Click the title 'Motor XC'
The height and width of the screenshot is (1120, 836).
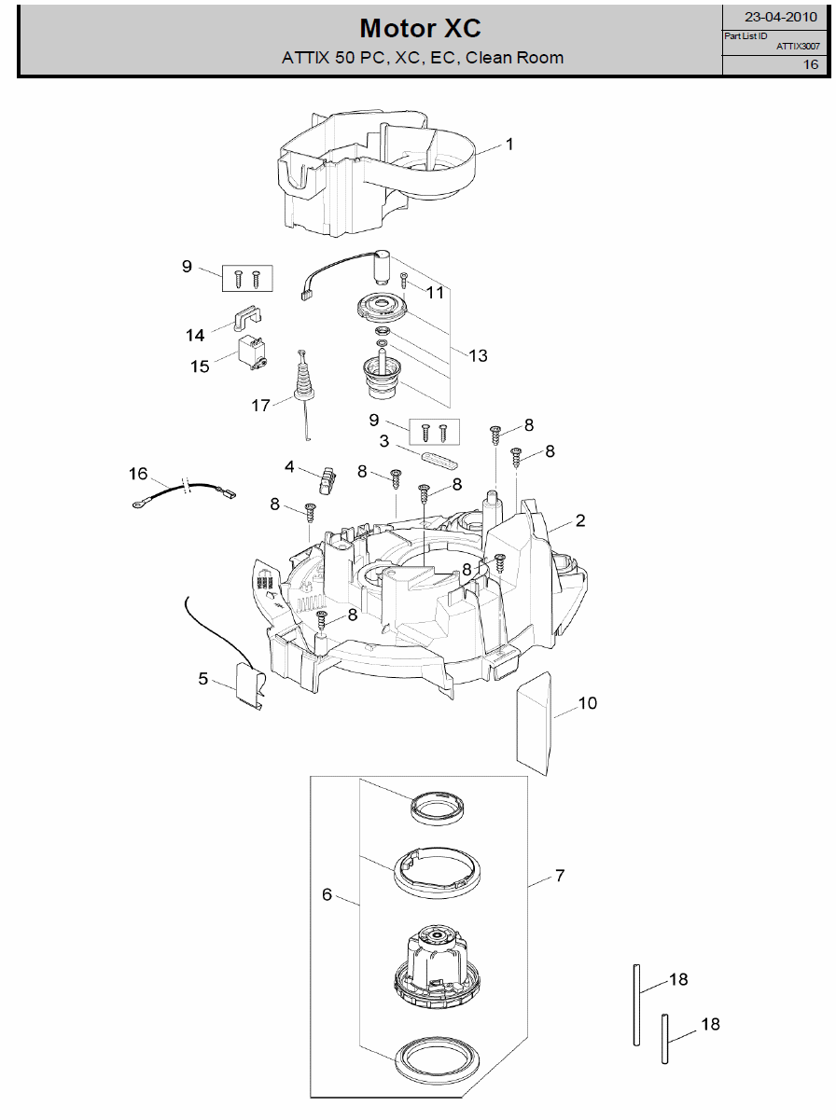click(420, 28)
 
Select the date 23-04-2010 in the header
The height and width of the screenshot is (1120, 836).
click(781, 17)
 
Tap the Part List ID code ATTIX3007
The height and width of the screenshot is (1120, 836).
click(799, 47)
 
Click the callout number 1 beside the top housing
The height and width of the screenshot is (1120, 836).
click(509, 145)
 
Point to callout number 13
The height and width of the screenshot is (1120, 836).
click(478, 355)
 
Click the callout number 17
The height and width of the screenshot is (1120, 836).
click(260, 405)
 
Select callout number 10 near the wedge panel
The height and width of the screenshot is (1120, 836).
click(588, 703)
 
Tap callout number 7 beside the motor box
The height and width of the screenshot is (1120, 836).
click(560, 876)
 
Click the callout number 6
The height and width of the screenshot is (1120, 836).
click(327, 894)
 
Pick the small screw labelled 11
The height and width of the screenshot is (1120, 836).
click(404, 280)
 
